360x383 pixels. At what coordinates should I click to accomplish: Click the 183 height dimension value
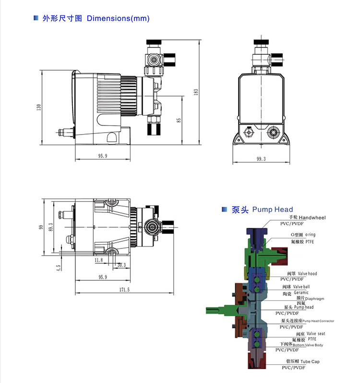coord(196,92)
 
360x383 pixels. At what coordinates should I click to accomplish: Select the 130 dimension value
coord(39,107)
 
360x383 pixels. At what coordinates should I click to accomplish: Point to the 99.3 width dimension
coord(261,159)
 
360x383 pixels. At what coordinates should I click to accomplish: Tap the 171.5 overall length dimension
coord(124,289)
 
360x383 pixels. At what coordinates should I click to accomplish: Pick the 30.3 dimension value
coord(121,265)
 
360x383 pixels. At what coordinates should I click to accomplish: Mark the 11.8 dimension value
coord(98,260)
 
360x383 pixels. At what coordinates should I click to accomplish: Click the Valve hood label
coord(307,273)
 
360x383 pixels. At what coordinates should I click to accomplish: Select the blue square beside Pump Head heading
coord(223,210)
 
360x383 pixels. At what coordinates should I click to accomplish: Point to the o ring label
coord(310,235)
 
